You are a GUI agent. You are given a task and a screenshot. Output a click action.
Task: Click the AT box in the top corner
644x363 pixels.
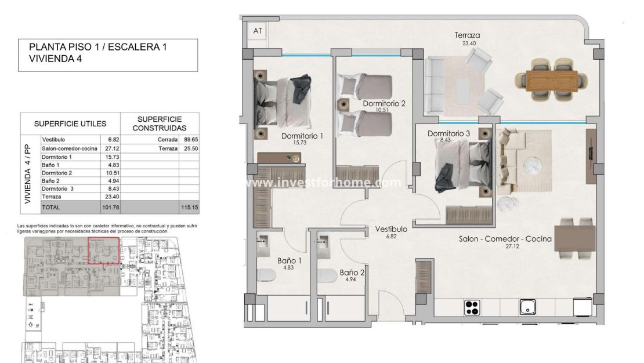point(257,32)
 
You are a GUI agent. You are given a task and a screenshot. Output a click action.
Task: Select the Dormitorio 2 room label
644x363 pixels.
point(384,104)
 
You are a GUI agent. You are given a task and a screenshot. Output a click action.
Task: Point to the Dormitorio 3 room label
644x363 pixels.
point(448,134)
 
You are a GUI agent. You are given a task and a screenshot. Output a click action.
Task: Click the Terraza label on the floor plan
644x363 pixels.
point(467,36)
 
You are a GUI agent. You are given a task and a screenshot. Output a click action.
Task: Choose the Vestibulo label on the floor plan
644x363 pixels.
point(390,229)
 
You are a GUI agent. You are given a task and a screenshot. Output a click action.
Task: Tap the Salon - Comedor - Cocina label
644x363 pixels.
point(505,238)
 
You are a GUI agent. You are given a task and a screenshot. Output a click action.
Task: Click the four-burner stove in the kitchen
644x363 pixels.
point(473,308)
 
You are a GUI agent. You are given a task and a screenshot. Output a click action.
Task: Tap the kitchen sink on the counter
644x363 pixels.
point(527,307)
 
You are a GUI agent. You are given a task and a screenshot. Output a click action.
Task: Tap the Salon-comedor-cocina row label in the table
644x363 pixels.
point(68,148)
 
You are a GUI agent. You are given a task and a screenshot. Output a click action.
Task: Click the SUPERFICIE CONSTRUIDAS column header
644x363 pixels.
point(160,123)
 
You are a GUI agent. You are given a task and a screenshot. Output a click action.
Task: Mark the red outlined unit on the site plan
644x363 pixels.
point(103,251)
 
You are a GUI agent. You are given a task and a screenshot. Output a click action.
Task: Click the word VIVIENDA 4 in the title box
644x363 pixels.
point(56,59)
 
